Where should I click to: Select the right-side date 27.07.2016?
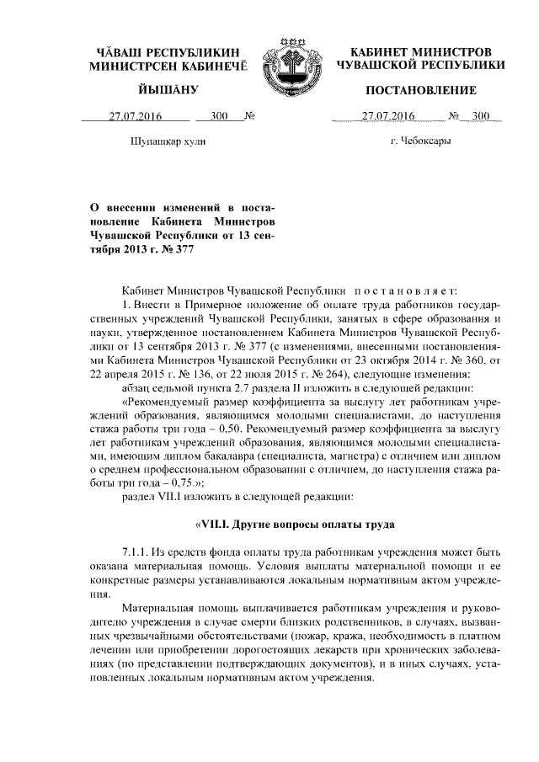click(387, 117)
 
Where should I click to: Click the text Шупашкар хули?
click(169, 142)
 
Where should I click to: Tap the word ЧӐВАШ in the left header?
click(123, 52)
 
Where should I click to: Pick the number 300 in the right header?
click(482, 117)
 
